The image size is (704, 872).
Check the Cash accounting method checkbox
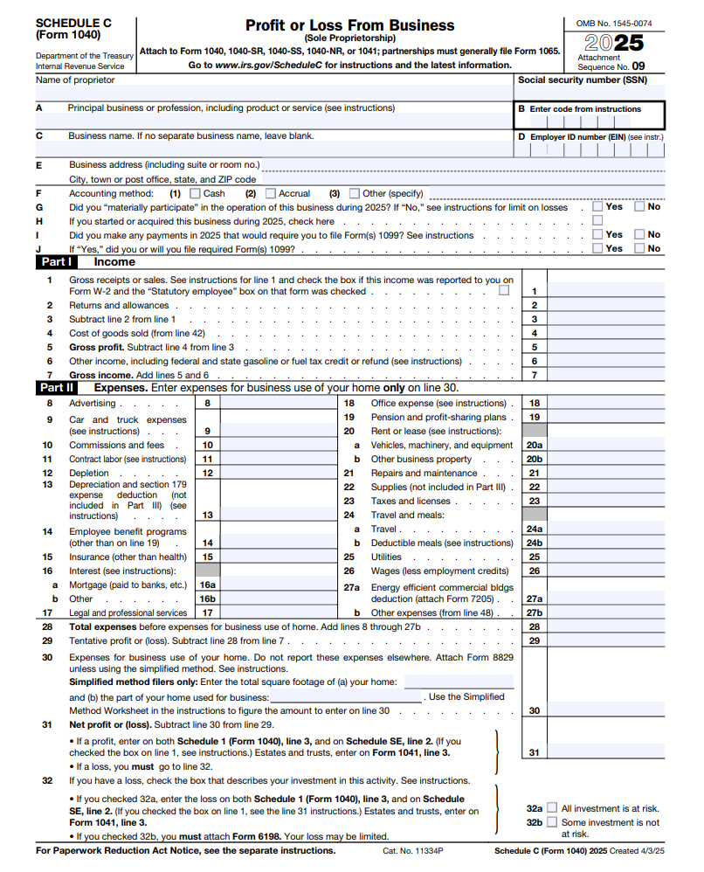click(x=195, y=193)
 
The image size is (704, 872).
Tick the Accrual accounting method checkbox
click(x=271, y=193)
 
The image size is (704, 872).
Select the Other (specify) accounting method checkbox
click(x=355, y=193)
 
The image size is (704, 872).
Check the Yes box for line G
click(x=597, y=207)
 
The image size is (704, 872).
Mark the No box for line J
click(x=639, y=248)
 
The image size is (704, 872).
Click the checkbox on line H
click(x=597, y=221)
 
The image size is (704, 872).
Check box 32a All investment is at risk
click(x=552, y=808)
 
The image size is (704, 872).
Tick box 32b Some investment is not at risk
click(x=552, y=822)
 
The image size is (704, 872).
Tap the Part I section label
click(x=56, y=261)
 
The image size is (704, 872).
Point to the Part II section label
click(x=57, y=387)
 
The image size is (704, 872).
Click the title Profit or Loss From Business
click(x=349, y=25)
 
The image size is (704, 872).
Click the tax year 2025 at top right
click(x=614, y=42)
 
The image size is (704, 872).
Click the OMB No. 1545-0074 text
click(x=613, y=22)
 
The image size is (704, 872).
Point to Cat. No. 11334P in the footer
click(x=413, y=850)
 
